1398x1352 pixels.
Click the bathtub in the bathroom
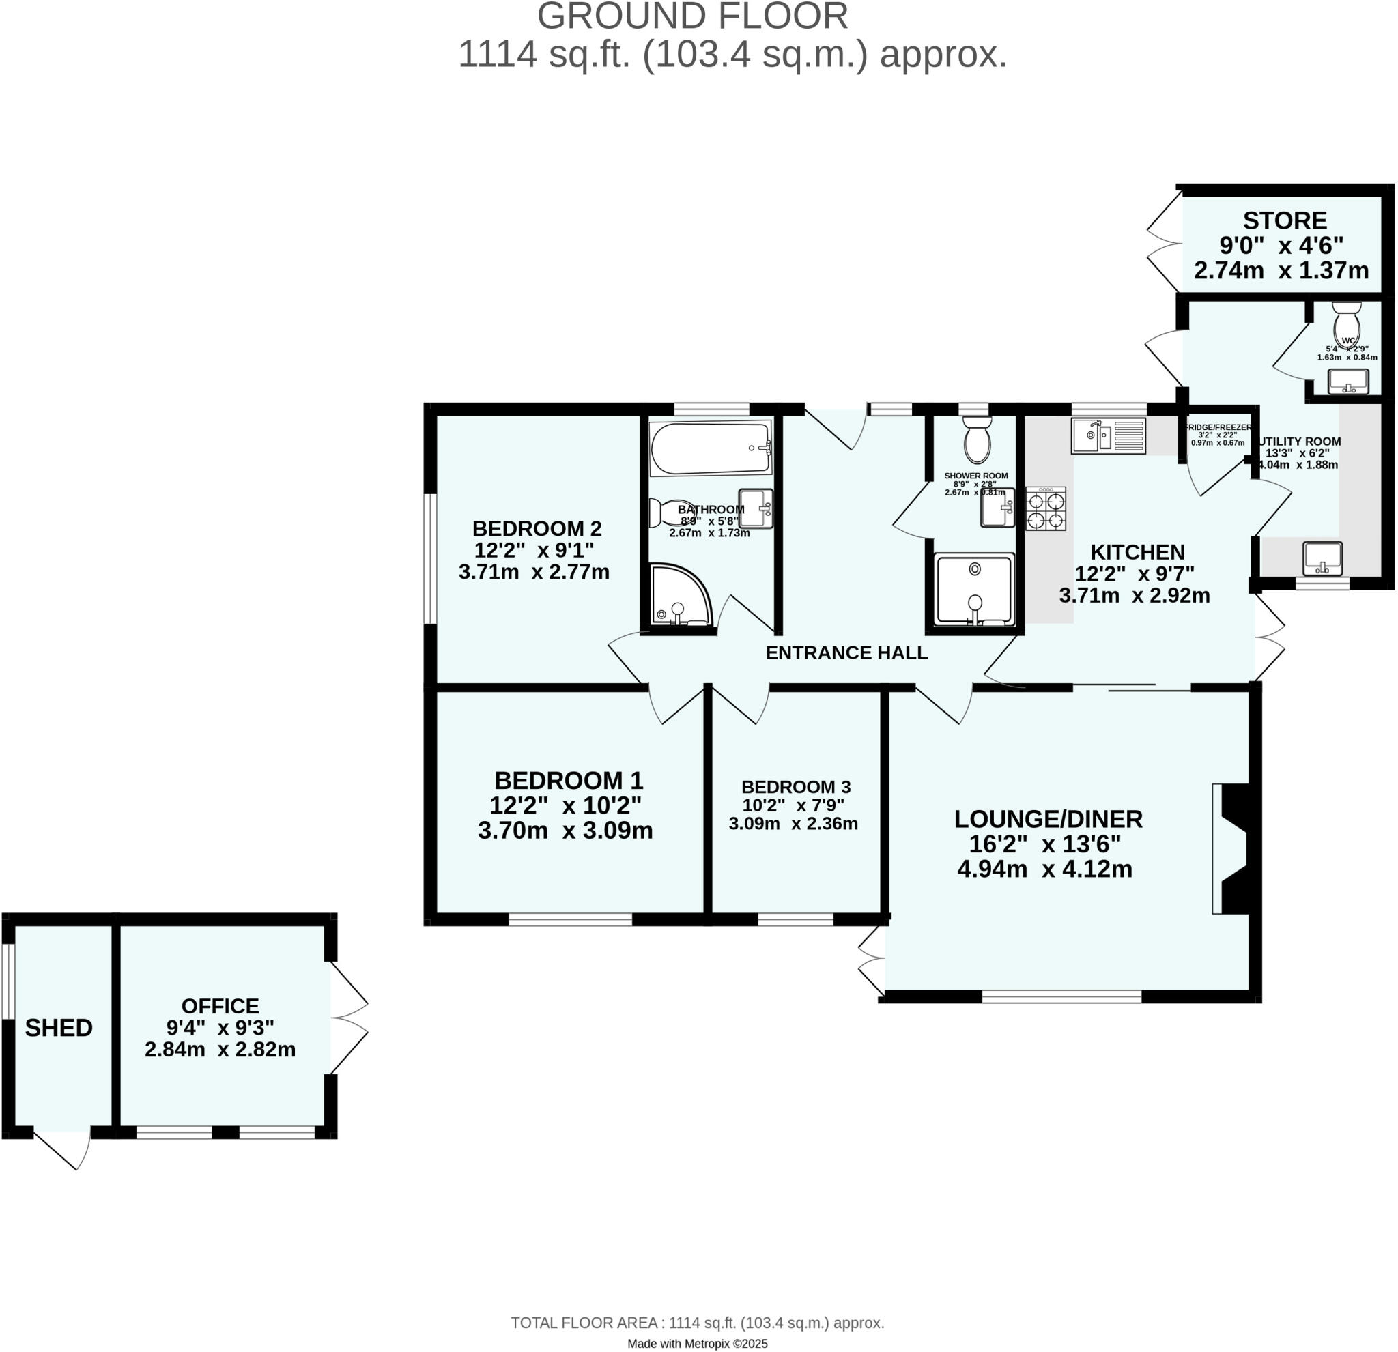(710, 448)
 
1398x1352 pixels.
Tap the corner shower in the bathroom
(679, 596)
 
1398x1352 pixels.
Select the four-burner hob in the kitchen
(1046, 508)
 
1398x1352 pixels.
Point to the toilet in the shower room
(976, 442)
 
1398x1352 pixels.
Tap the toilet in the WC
(1347, 324)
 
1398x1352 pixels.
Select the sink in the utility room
(1322, 558)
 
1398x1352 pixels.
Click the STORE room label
(1285, 220)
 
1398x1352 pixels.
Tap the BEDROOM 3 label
(796, 786)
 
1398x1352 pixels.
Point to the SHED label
(59, 1028)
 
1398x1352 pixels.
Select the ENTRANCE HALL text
(846, 652)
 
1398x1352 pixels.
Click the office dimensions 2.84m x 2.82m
(220, 1049)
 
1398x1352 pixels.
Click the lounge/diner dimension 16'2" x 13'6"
(1044, 844)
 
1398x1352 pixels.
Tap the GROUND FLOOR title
(693, 16)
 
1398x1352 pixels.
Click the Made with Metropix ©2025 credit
(697, 1343)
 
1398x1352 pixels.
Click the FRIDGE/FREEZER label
(1218, 427)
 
